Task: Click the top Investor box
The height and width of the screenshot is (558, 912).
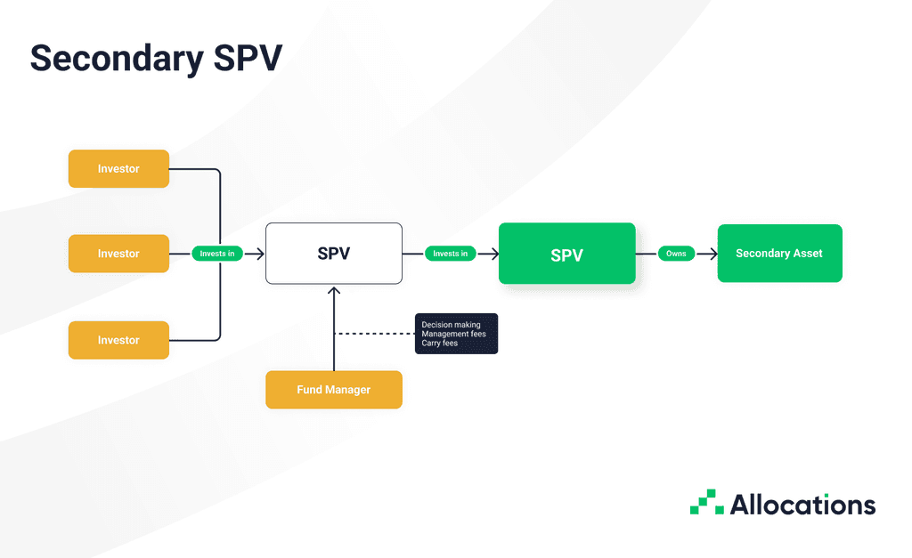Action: [x=118, y=168]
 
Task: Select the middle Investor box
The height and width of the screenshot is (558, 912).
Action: [x=118, y=254]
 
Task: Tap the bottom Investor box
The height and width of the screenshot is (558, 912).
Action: [x=118, y=340]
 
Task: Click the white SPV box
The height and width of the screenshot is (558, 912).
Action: [x=333, y=254]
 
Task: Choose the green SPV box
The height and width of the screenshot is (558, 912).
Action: [x=566, y=254]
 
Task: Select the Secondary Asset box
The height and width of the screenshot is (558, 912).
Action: [x=779, y=254]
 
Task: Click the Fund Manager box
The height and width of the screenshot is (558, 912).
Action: [x=333, y=390]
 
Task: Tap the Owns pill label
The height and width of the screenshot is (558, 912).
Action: [x=676, y=254]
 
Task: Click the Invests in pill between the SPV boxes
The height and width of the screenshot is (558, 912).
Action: [x=451, y=254]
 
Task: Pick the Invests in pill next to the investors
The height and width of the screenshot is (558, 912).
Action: [x=217, y=254]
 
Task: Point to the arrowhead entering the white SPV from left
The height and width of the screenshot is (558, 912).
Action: [x=260, y=254]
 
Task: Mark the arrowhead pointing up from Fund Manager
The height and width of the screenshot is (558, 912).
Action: [x=334, y=290]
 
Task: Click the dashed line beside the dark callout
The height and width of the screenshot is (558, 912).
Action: [x=374, y=334]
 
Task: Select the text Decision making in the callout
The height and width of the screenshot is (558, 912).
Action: [x=451, y=325]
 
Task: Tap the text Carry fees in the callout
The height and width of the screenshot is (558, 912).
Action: [x=439, y=343]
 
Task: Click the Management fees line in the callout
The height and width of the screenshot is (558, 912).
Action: [x=453, y=334]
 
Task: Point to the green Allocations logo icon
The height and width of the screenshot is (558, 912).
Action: [x=707, y=503]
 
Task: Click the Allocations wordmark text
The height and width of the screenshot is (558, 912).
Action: [x=802, y=505]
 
